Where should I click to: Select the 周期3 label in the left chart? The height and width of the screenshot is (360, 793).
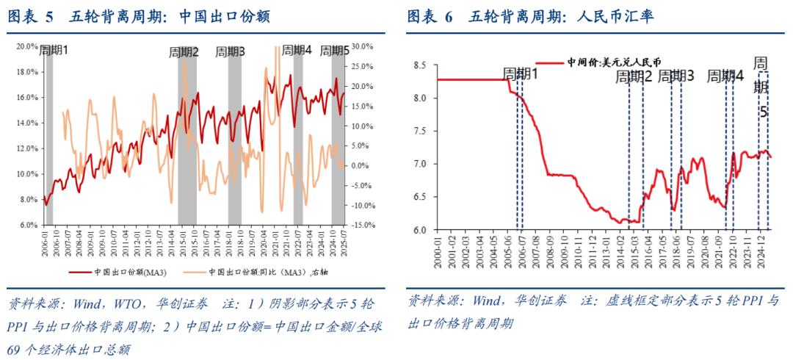click(231, 52)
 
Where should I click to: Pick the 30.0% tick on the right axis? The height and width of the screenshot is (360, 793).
click(363, 46)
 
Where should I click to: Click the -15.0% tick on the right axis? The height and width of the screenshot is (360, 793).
click(365, 225)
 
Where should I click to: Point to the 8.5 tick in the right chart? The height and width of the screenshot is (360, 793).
click(420, 65)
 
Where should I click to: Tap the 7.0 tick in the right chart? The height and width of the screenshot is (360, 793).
click(420, 164)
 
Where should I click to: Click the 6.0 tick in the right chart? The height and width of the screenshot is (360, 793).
click(420, 230)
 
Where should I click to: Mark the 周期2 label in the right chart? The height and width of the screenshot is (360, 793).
click(634, 76)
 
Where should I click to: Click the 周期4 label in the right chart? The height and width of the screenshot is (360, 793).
click(725, 76)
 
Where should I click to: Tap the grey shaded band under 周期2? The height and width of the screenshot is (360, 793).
click(187, 147)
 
